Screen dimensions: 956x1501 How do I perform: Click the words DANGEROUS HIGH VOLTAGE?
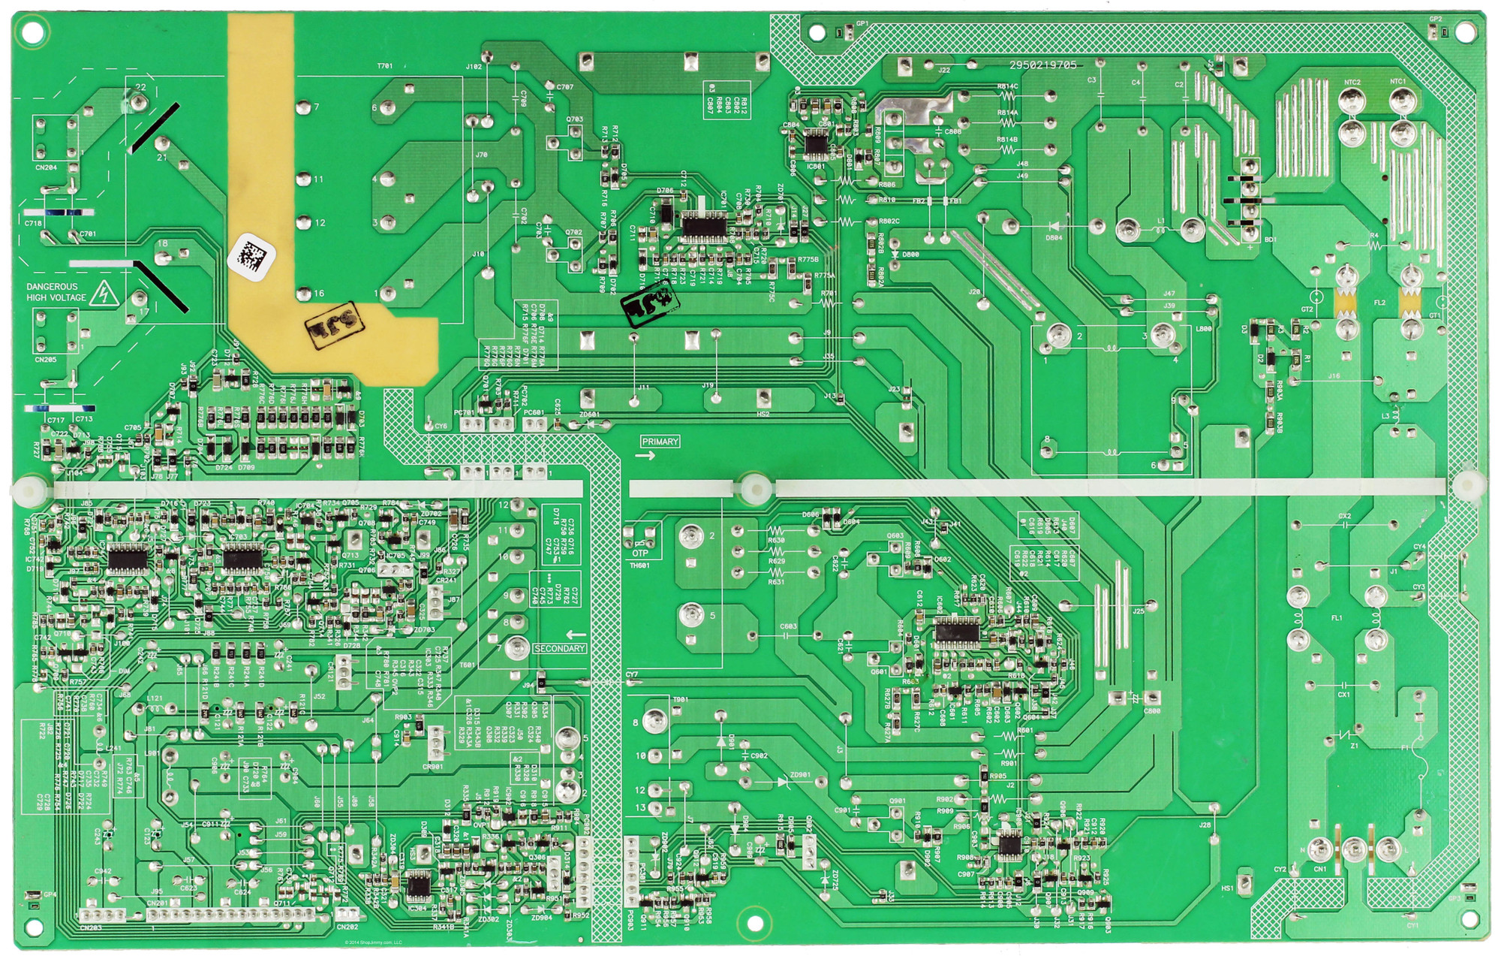52,292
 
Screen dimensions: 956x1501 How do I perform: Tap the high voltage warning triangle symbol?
104,294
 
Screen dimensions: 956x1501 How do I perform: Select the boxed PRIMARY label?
660,442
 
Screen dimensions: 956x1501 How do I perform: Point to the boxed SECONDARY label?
559,648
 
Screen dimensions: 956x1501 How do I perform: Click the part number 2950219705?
1042,65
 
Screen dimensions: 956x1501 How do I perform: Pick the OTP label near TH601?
639,553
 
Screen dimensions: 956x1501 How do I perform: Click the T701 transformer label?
384,66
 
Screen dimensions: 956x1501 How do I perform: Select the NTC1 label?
1397,82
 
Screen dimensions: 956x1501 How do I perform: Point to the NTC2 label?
1352,82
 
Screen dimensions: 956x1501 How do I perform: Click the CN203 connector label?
90,928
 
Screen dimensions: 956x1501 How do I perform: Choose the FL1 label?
1337,618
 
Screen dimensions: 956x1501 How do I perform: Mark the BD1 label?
1270,240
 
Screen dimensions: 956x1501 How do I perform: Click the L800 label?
1203,329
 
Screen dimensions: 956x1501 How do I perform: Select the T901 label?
680,700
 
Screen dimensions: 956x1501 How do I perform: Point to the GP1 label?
862,24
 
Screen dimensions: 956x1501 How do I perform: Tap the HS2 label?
763,414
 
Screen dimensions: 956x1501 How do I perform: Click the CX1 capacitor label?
1343,695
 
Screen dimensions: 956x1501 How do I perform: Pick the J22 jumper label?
943,70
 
